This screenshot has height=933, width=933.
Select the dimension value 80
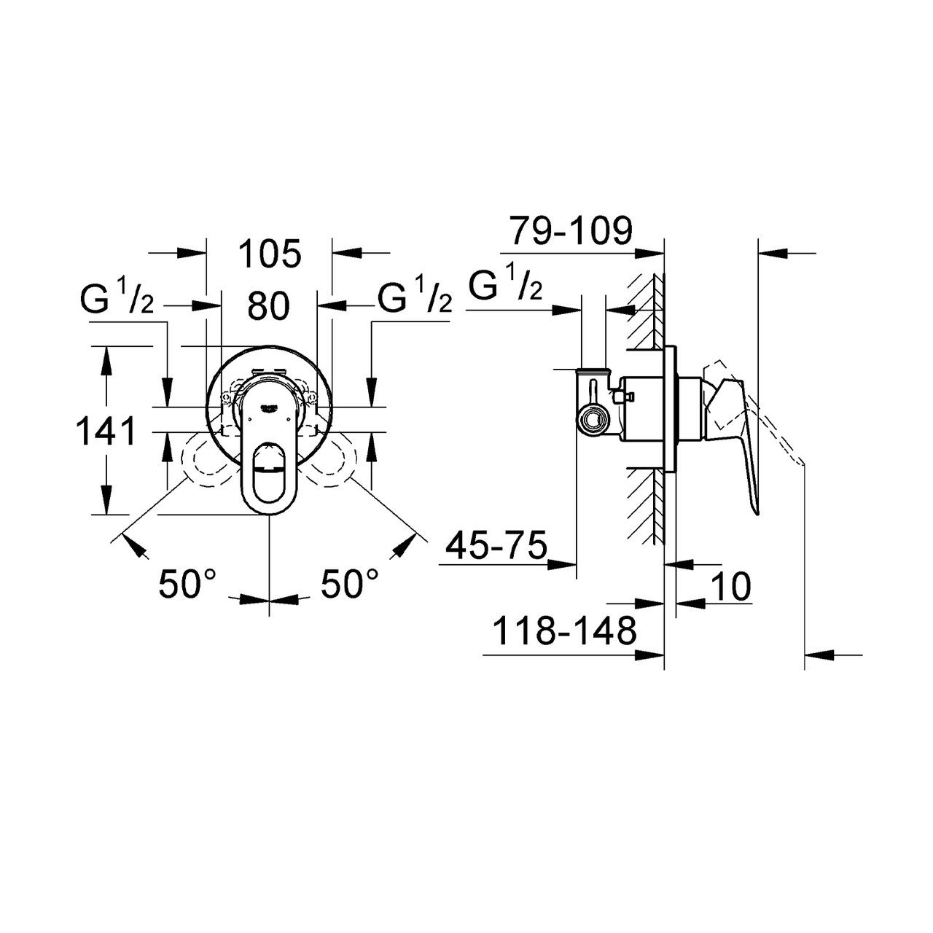click(268, 306)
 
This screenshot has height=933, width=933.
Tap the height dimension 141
click(106, 432)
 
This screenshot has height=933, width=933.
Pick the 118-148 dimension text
click(564, 631)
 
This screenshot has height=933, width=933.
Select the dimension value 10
click(732, 587)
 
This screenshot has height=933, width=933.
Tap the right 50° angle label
click(349, 585)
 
